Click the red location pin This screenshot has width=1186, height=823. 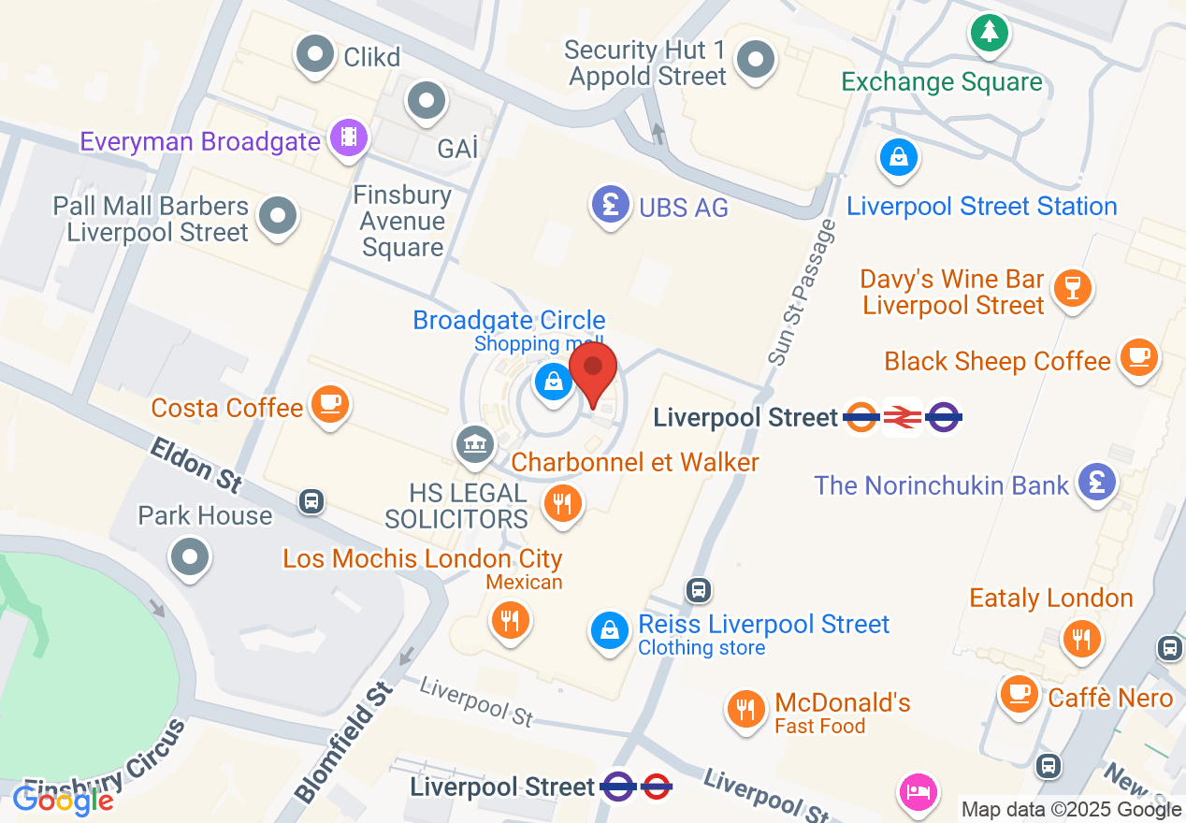coord(592,372)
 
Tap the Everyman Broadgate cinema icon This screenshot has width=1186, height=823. coord(349,139)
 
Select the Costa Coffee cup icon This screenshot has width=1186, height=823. coord(328,404)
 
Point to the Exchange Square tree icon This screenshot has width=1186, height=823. coord(989,33)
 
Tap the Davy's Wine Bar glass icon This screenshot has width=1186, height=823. coord(1072,287)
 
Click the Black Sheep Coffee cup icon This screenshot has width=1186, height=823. coord(1137,356)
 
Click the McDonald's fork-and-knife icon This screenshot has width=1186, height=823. coord(746,709)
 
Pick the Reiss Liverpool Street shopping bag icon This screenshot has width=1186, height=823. coord(610,630)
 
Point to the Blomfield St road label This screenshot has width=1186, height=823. coord(343,744)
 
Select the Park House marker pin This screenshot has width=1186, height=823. coord(191,557)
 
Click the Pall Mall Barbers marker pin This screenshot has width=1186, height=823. coord(277,215)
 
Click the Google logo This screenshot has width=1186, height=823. coord(63,801)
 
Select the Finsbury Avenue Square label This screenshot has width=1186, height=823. coord(402,222)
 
